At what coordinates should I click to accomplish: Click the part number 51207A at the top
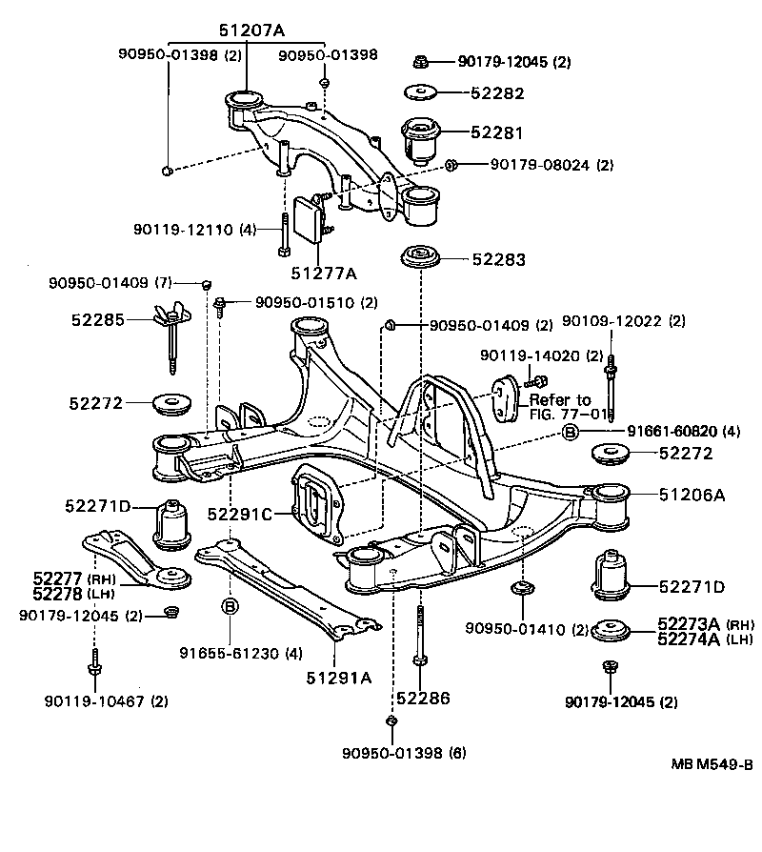[x=251, y=30]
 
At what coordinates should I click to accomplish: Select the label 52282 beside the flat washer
[x=497, y=92]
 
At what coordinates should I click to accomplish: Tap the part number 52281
[x=496, y=132]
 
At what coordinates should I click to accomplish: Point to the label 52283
[x=498, y=259]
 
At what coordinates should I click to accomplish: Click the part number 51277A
[x=324, y=273]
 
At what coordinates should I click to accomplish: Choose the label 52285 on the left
[x=98, y=319]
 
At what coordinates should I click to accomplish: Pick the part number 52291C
[x=239, y=513]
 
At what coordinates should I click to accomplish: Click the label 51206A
[x=692, y=495]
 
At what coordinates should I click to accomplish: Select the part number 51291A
[x=339, y=678]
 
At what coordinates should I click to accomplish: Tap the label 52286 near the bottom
[x=423, y=698]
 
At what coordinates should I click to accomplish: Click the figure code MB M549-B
[x=712, y=764]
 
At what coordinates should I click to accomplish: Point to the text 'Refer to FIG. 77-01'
[x=568, y=407]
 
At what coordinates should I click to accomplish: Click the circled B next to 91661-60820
[x=570, y=433]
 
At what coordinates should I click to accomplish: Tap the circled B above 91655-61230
[x=231, y=606]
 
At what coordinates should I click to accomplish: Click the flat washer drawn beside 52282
[x=420, y=91]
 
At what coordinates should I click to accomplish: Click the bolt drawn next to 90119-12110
[x=284, y=234]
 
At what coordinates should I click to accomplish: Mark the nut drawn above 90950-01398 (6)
[x=391, y=721]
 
